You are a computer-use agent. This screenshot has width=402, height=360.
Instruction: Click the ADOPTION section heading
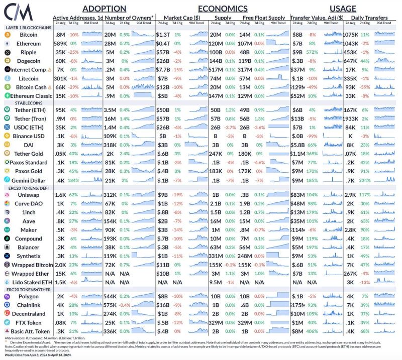click(x=104, y=9)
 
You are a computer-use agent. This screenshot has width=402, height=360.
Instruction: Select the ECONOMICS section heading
click(x=222, y=9)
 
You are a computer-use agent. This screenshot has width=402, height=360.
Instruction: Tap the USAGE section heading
click(x=343, y=9)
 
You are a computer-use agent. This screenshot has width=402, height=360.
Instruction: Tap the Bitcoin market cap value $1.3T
click(x=164, y=35)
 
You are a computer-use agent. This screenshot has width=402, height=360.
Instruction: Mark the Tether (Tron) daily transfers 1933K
click(x=351, y=119)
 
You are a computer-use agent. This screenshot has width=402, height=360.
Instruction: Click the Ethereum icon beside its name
click(x=8, y=44)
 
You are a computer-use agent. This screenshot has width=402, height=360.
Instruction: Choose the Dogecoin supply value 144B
click(x=215, y=61)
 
